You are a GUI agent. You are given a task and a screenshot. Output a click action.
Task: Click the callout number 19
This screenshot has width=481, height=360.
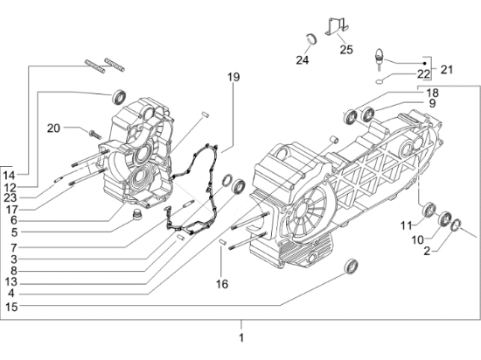(234, 78)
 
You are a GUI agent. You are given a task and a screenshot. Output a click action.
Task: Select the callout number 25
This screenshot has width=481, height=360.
(345, 50)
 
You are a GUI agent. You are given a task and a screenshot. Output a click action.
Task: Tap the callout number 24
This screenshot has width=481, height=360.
(303, 60)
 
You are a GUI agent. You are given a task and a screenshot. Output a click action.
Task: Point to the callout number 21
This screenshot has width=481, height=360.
(448, 68)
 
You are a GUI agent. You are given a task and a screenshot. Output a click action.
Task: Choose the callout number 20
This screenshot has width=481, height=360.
(53, 128)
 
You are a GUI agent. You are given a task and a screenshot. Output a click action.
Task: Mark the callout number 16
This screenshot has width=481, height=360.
(222, 284)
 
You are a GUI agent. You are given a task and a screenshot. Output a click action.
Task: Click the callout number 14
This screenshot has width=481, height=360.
(10, 176)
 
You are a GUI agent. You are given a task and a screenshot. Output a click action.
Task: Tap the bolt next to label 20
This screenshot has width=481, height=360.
(92, 133)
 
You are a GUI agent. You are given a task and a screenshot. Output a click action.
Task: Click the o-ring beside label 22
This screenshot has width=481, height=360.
(376, 79)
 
